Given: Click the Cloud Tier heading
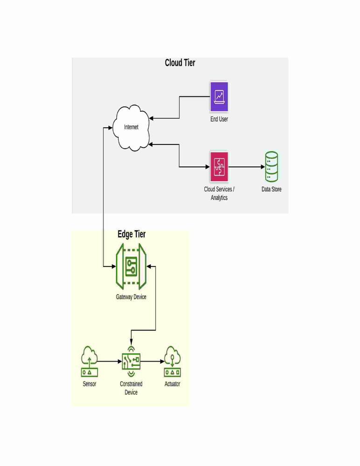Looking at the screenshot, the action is [x=180, y=63].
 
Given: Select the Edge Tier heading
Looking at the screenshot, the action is [x=132, y=234].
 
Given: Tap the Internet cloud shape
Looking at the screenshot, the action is [x=131, y=128].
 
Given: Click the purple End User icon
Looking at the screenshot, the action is [x=219, y=97].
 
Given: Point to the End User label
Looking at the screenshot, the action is [x=219, y=119].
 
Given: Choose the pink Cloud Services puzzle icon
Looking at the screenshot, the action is [x=219, y=167].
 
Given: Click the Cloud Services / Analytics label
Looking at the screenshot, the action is [x=219, y=193].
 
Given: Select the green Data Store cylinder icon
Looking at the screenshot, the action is [x=271, y=167].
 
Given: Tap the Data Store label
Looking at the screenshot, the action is [x=271, y=189].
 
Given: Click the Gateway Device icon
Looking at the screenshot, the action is [x=131, y=266].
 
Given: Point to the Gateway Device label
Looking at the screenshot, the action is [x=131, y=296].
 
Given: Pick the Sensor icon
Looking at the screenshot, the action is [x=89, y=362].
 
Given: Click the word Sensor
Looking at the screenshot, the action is [x=89, y=384].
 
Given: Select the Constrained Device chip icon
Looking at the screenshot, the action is [x=131, y=362].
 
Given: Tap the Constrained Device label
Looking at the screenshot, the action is [x=131, y=388].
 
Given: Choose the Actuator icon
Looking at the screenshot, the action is [x=172, y=362].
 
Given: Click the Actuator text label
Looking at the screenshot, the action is [x=172, y=384].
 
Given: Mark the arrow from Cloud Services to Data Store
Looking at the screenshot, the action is [x=247, y=167].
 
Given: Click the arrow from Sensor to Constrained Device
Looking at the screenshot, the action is [x=110, y=362].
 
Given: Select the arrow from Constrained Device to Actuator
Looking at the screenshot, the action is [x=152, y=362].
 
